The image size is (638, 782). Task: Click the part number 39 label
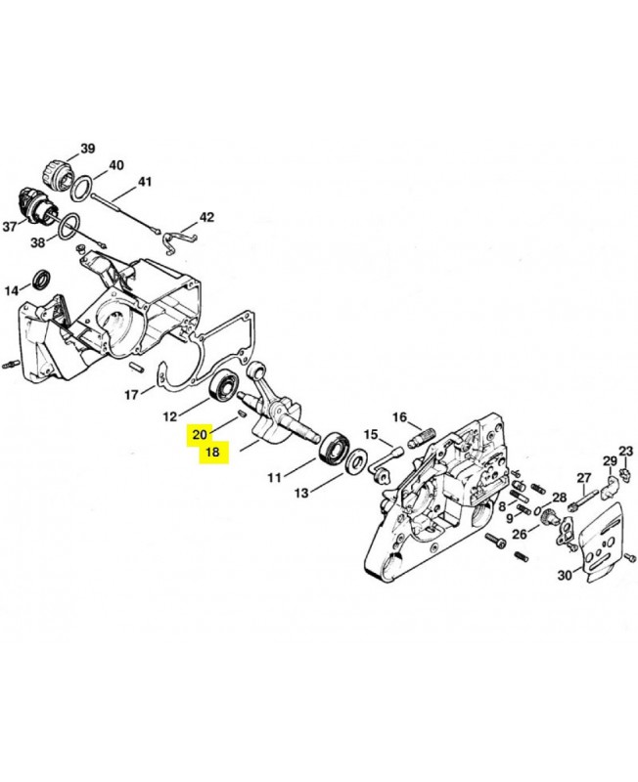click(x=87, y=149)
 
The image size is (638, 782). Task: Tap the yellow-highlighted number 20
click(x=200, y=435)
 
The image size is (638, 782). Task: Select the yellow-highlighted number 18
click(x=212, y=453)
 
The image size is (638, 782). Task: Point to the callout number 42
click(x=206, y=217)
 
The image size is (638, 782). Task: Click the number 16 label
click(x=400, y=417)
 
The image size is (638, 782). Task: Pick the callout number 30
click(x=565, y=575)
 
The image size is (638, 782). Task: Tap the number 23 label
click(x=625, y=452)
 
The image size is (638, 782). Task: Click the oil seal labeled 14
click(x=41, y=280)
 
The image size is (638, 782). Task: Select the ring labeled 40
click(x=80, y=189)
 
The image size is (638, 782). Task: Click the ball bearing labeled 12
click(x=223, y=383)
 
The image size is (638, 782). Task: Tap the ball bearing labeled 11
click(x=334, y=450)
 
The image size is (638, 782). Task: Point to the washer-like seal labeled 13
click(x=357, y=460)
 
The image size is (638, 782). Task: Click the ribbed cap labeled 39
click(x=57, y=176)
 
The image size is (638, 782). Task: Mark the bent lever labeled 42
click(x=179, y=239)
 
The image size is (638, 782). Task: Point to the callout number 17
click(x=131, y=395)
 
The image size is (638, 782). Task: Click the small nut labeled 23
click(x=623, y=470)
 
